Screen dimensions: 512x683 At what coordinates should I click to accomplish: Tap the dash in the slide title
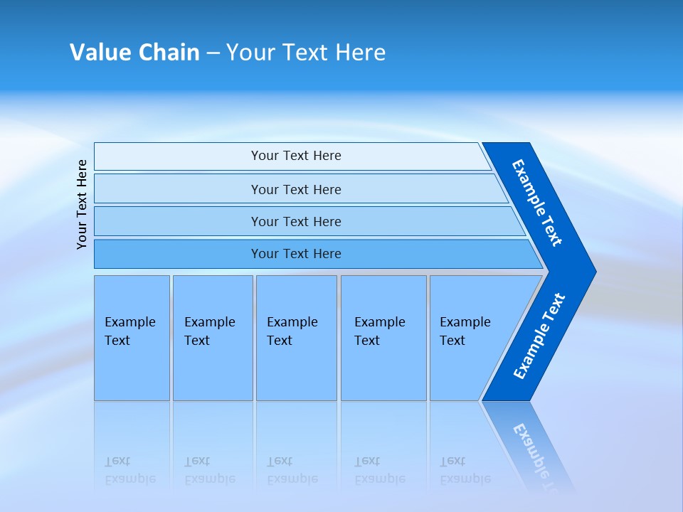pyautogui.click(x=213, y=53)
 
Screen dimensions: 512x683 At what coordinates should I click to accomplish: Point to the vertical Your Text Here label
pyautogui.click(x=82, y=204)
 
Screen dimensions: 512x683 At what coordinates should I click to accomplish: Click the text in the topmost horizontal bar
pyautogui.click(x=296, y=156)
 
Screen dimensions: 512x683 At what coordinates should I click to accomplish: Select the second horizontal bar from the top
pyautogui.click(x=296, y=189)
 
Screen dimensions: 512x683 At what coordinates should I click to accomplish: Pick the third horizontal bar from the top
pyautogui.click(x=296, y=221)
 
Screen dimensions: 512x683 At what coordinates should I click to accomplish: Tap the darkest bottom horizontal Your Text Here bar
pyautogui.click(x=296, y=254)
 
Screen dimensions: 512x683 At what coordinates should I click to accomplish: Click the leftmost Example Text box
pyautogui.click(x=132, y=338)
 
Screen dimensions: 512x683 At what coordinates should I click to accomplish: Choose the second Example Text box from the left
pyautogui.click(x=212, y=338)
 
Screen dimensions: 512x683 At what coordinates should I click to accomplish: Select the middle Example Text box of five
pyautogui.click(x=295, y=338)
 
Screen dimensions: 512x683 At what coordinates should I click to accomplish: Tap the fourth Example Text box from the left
pyautogui.click(x=383, y=338)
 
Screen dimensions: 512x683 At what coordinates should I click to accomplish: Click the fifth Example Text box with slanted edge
pyautogui.click(x=470, y=338)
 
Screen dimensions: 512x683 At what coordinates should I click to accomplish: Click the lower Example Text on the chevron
pyautogui.click(x=539, y=336)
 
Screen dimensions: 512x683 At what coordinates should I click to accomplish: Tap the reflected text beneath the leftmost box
pyautogui.click(x=130, y=470)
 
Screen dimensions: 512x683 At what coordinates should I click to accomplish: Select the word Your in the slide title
pyautogui.click(x=250, y=53)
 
